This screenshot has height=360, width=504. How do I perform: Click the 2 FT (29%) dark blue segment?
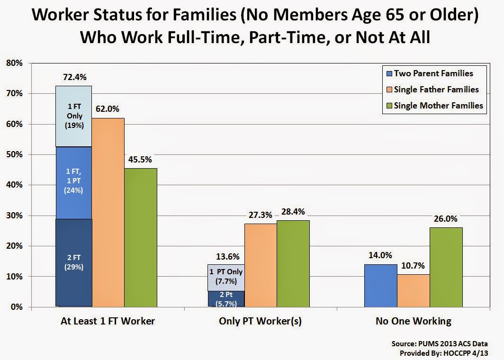pos(73,262)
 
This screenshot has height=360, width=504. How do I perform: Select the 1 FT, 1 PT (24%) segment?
pos(73,183)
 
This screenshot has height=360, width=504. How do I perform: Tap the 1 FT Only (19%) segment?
pos(73,117)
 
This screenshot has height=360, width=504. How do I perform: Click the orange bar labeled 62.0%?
pos(108,213)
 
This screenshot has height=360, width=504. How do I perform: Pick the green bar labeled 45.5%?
pos(141,237)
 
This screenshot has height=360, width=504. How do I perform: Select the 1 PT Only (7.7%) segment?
pos(226,278)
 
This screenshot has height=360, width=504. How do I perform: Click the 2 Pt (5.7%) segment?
pos(226,299)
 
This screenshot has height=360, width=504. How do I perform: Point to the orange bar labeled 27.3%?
pos(261,265)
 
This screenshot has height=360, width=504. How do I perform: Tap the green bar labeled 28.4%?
pos(293,263)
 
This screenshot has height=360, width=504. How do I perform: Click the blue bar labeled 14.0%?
pos(381,286)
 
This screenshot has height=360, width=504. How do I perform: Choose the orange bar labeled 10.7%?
pos(414,290)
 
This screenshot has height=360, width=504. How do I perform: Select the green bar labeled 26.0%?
pos(446,267)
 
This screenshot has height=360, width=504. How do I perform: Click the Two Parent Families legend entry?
pos(430,73)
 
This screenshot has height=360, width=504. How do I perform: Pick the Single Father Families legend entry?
pos(432,90)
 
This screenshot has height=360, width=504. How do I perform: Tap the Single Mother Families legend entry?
pos(434,106)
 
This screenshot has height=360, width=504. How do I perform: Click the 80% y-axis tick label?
pos(15,63)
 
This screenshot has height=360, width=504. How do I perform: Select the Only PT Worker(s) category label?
pos(261,321)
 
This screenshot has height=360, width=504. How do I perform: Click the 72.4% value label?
pos(74,77)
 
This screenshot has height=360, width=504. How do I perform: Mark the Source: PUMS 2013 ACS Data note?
pos(440,343)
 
